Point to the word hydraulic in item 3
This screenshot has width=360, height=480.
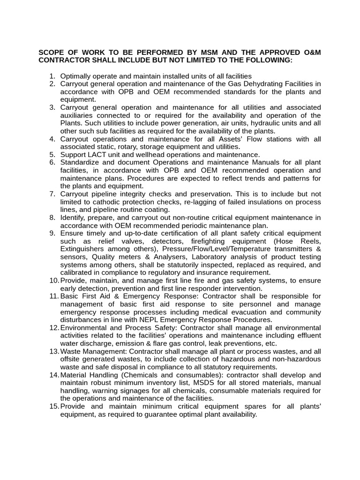tap(256, 123)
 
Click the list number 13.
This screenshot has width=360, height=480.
tap(53, 352)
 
